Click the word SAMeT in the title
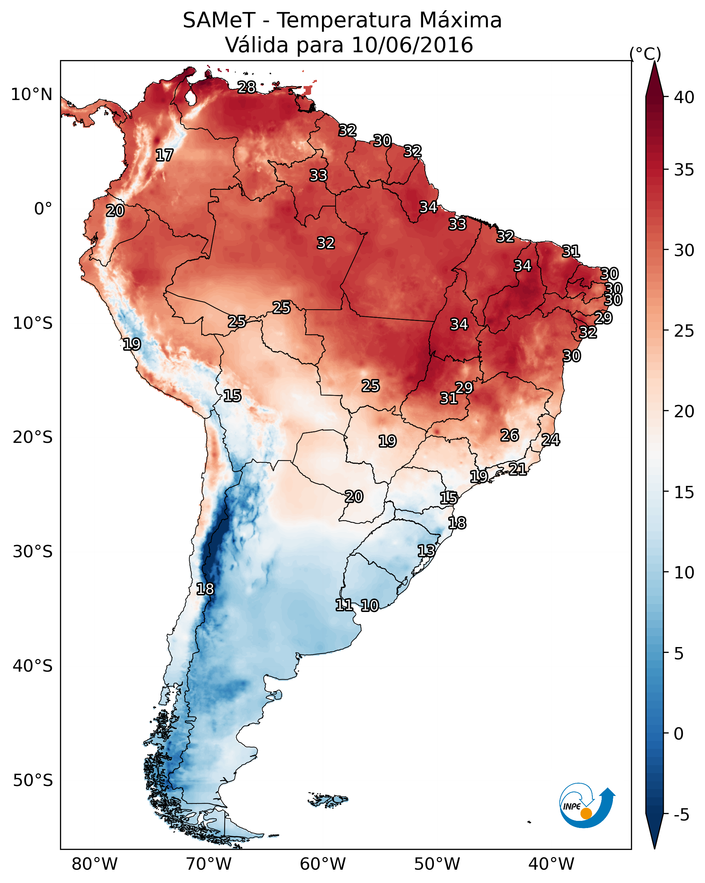219,20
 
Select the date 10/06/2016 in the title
412,45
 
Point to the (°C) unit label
645,54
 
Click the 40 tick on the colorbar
684,97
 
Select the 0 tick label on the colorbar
678,734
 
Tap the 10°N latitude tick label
31,95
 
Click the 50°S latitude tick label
33,781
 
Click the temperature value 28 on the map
247,87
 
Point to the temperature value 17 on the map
164,155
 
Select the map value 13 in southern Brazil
426,550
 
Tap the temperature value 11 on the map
344,605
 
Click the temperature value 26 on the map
510,435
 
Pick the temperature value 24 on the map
550,440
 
